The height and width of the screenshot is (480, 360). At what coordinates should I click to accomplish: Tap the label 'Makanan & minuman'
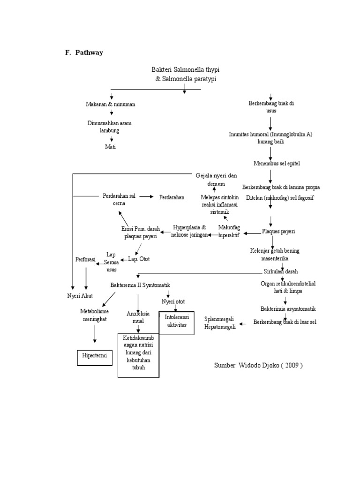coord(111,104)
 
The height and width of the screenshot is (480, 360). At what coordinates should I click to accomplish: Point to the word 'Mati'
coord(110,147)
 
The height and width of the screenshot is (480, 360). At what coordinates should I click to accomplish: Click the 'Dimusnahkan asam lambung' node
coord(110,127)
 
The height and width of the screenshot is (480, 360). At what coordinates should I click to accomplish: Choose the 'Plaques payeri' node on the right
coord(278,231)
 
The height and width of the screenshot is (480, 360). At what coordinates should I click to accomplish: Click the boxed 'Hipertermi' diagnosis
coord(95,356)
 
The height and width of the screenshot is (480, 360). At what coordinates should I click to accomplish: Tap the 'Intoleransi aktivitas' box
coord(176,321)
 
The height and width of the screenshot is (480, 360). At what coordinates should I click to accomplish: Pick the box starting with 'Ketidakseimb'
coord(138,355)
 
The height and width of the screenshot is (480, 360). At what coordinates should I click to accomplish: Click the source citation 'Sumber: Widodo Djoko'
coord(258,366)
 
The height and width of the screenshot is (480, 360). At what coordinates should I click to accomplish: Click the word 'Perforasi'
coord(85,259)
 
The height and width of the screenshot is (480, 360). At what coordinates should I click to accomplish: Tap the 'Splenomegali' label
coord(220,319)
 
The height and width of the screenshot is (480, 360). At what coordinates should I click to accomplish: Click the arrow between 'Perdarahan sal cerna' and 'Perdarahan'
coord(146,196)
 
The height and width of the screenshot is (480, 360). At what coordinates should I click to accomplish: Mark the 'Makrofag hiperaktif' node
coord(229,231)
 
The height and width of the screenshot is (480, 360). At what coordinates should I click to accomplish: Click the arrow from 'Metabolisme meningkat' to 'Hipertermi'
coord(95,334)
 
